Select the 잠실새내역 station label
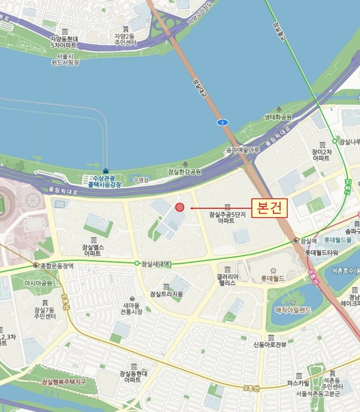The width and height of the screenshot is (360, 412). point(155,264)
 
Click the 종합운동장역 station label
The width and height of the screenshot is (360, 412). point(57,265)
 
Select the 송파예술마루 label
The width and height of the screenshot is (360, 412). point(243,151)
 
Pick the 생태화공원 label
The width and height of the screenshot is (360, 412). point(278,117)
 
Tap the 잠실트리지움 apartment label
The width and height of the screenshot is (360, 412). point(166,294)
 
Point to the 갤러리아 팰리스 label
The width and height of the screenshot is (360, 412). point(226,279)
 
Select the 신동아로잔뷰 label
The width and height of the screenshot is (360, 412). point(269,344)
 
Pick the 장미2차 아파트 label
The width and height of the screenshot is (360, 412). point(321,155)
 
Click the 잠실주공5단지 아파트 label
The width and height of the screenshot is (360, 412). point(226,217)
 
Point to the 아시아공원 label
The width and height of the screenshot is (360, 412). point(38,283)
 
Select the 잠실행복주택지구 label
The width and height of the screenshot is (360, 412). point(64,382)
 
